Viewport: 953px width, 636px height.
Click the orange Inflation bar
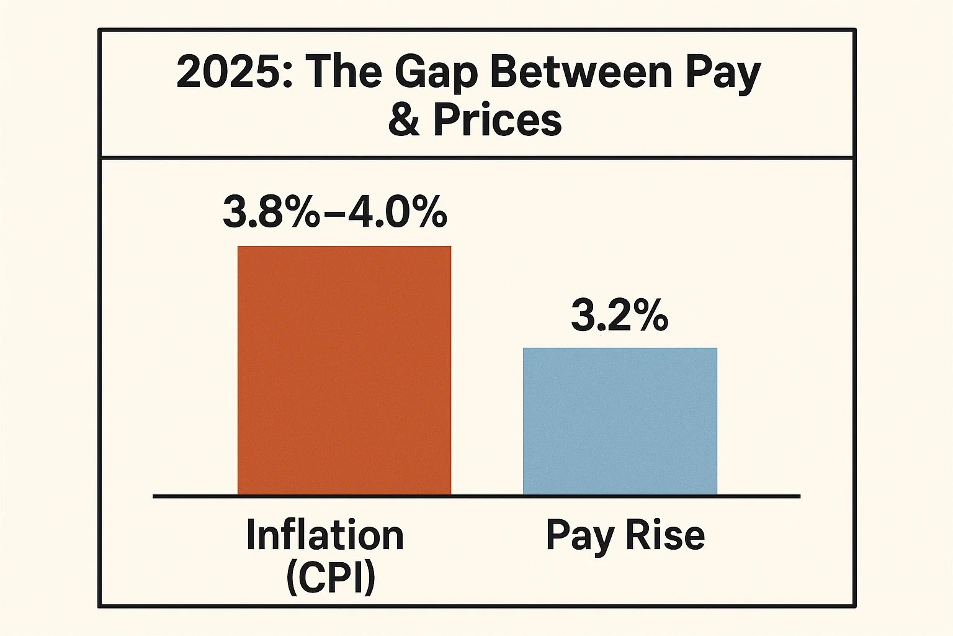(344, 370)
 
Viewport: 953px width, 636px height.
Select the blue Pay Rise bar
(620, 421)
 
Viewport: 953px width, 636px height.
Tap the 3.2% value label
(619, 316)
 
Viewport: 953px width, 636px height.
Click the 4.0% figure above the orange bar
(397, 213)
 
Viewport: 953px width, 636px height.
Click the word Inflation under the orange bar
(325, 535)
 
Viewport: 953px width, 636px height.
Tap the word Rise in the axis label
(665, 535)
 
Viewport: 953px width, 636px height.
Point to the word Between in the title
(581, 72)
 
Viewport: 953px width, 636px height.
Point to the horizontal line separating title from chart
(476, 157)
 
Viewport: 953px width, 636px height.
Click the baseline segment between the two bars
(487, 496)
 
